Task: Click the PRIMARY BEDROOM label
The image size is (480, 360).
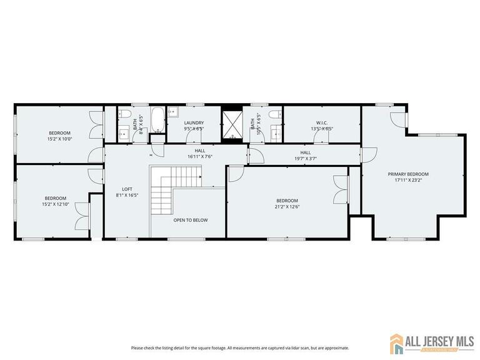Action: (407, 174)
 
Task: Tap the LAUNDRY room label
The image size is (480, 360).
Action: (194, 122)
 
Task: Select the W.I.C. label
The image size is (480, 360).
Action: (322, 122)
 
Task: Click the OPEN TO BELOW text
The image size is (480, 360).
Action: (191, 220)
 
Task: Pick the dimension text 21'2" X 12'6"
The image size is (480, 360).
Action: (287, 207)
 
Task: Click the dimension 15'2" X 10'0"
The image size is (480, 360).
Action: (60, 139)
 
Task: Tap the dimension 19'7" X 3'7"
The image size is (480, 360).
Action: (305, 159)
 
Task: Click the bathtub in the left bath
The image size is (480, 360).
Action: (157, 120)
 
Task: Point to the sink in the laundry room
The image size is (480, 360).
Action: (174, 112)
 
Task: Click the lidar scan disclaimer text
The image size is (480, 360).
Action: (240, 348)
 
